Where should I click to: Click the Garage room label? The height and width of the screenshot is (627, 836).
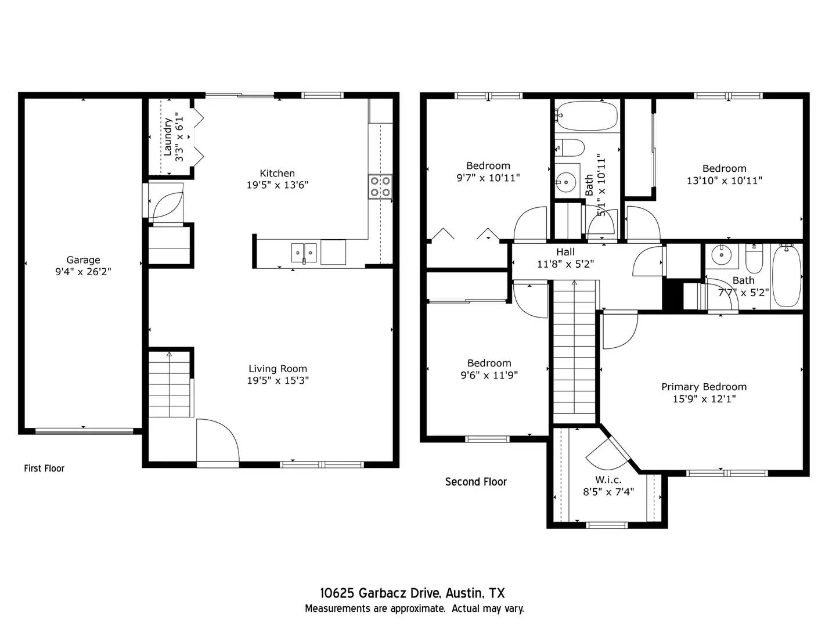pyautogui.click(x=83, y=260)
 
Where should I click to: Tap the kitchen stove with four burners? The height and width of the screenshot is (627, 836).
pyautogui.click(x=380, y=186)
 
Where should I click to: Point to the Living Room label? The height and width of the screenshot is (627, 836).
pyautogui.click(x=278, y=369)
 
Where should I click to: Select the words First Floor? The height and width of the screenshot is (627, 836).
pyautogui.click(x=44, y=469)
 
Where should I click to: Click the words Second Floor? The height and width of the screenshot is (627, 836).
pyautogui.click(x=475, y=482)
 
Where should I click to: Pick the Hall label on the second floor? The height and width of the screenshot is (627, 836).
pyautogui.click(x=565, y=252)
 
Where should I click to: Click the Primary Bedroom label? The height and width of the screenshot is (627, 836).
pyautogui.click(x=704, y=387)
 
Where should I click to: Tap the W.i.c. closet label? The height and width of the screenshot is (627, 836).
pyautogui.click(x=608, y=480)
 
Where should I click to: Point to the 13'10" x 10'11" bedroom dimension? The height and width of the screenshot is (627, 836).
pyautogui.click(x=724, y=181)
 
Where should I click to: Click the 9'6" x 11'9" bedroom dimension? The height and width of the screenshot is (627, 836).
pyautogui.click(x=489, y=375)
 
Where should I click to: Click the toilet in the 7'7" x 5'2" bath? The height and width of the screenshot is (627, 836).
pyautogui.click(x=754, y=261)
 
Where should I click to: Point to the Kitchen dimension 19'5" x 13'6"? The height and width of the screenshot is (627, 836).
pyautogui.click(x=277, y=185)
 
